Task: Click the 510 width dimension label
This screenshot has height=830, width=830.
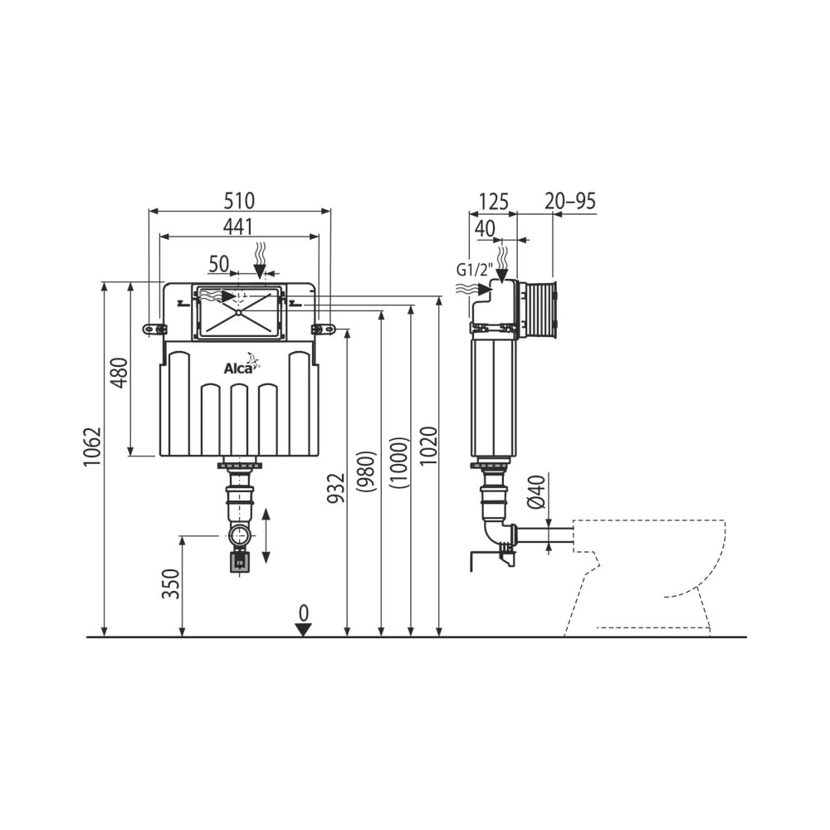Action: click(x=239, y=201)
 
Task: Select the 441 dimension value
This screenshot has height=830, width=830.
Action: click(x=237, y=227)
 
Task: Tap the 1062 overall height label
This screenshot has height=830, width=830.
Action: click(x=91, y=447)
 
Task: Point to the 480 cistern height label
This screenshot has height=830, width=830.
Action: click(x=120, y=373)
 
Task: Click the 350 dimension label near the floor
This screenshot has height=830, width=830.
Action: click(x=170, y=583)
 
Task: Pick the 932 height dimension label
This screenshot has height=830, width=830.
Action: click(x=335, y=488)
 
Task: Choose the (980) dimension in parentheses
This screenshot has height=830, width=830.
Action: click(x=366, y=471)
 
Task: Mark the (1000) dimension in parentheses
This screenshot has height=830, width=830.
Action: click(x=398, y=462)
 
